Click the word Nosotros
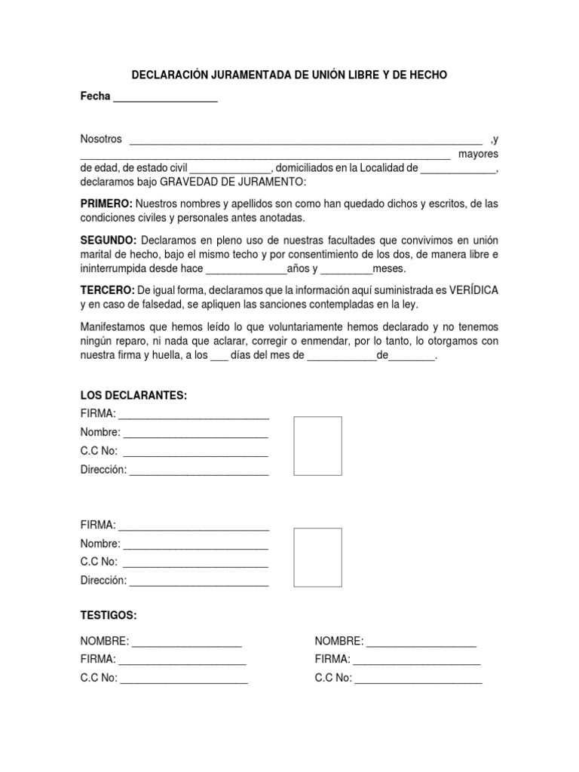[x=101, y=139]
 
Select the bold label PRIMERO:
[x=106, y=204]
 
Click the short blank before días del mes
[x=219, y=357]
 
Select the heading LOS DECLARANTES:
[x=133, y=396]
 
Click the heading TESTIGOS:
[x=109, y=616]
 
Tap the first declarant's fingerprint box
[x=317, y=446]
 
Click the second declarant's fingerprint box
[x=317, y=557]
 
